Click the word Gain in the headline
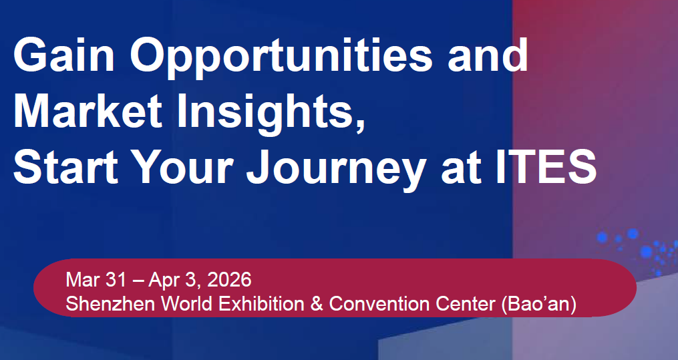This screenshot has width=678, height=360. point(64,55)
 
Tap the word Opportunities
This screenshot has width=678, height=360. point(281,58)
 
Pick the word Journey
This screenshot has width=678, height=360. point(336,170)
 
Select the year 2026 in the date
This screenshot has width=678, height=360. point(229,280)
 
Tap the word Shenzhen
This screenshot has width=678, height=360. point(110,304)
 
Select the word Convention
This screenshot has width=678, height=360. point(379,304)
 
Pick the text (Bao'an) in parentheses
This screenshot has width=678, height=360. point(539,305)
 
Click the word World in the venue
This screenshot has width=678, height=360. point(187,304)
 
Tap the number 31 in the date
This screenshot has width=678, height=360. point(116,280)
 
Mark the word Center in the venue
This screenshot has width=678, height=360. point(466,304)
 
